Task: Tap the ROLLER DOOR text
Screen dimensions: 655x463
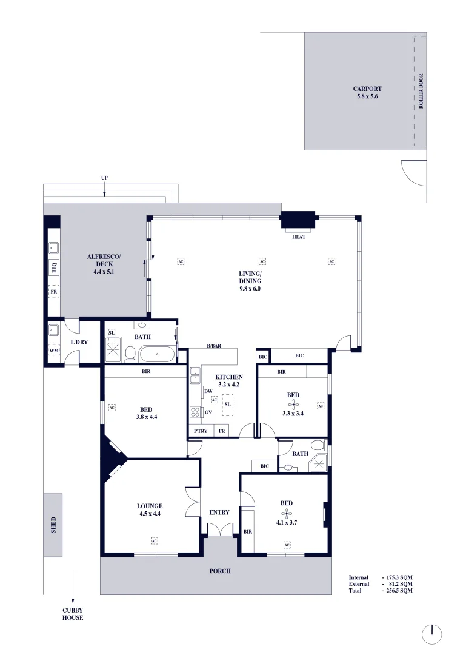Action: coord(421,91)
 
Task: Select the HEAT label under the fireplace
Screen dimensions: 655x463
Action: coord(299,237)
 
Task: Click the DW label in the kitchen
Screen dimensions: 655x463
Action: coord(208,392)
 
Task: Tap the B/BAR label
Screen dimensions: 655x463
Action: coord(214,346)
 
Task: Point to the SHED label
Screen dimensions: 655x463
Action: coord(53,525)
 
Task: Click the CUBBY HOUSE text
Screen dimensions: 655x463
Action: coord(73,614)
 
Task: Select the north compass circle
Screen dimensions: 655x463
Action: coord(431,634)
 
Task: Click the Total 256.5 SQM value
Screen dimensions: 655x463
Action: coord(398,589)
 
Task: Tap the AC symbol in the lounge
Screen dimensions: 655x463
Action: coord(155,539)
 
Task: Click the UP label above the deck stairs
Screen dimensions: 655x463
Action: coord(105,178)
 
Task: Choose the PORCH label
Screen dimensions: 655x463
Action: coord(220,571)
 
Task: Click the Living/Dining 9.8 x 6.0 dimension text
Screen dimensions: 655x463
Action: coord(250,289)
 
